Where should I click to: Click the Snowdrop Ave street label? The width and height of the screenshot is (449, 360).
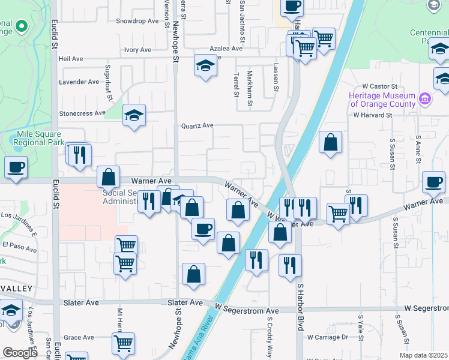[137, 21]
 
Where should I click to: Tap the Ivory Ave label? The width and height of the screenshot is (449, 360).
[138, 50]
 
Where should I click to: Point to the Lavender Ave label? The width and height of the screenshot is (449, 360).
[79, 82]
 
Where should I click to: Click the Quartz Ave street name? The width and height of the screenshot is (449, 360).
[198, 126]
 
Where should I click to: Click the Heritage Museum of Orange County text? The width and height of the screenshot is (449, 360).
[383, 100]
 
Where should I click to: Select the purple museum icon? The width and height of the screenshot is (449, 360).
[424, 98]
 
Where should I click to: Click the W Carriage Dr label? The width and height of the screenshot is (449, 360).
[327, 337]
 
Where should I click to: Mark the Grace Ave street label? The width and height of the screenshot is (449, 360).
[79, 338]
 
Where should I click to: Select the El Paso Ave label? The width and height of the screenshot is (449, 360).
[20, 245]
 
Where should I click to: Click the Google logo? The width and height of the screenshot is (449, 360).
[20, 353]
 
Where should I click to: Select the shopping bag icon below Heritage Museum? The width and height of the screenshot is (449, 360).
[330, 143]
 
